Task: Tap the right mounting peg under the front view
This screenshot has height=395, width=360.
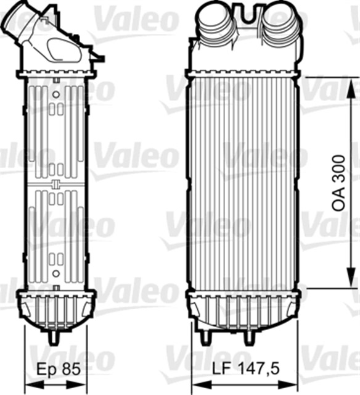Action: (249, 338)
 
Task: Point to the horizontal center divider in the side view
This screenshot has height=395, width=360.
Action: (55, 185)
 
